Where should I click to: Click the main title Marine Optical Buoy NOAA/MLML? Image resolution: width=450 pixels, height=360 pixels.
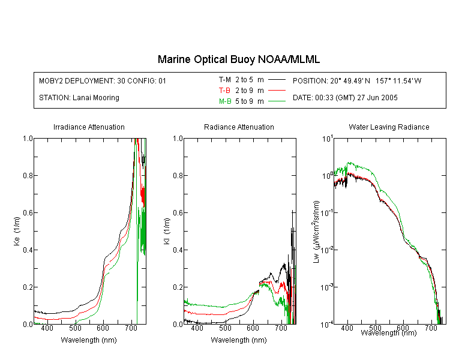238,59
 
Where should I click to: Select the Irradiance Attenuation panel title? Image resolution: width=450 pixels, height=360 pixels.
89,127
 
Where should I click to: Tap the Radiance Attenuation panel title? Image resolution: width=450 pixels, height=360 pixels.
239,127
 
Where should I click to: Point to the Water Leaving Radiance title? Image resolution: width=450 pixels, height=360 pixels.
389,127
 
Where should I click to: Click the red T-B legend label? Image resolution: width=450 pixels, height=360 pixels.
224,91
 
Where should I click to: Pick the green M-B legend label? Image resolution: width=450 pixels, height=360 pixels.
225,101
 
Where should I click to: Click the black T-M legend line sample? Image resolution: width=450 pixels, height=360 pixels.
277,80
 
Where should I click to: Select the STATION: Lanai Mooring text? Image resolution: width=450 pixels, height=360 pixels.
79,98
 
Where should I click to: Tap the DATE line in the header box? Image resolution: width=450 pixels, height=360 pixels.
345,98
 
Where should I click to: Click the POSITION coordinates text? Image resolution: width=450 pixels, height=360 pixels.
357,80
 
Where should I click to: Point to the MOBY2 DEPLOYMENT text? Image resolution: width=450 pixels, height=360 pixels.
103,80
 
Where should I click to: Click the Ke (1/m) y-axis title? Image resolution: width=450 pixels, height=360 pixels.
17,232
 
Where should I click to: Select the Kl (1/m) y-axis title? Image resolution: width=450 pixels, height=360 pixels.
167,232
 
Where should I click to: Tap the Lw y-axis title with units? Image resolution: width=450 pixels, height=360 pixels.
316,232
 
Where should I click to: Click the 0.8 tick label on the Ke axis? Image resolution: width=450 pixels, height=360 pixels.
28,175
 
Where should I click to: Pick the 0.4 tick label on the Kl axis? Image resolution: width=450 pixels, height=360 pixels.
178,250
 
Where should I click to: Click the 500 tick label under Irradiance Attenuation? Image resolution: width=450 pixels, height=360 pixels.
75,328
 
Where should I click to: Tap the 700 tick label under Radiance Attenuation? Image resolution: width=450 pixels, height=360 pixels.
281,328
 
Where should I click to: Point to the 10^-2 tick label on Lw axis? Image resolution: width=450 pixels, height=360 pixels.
327,250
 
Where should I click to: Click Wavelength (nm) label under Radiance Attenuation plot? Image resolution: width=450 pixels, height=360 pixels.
239,340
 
